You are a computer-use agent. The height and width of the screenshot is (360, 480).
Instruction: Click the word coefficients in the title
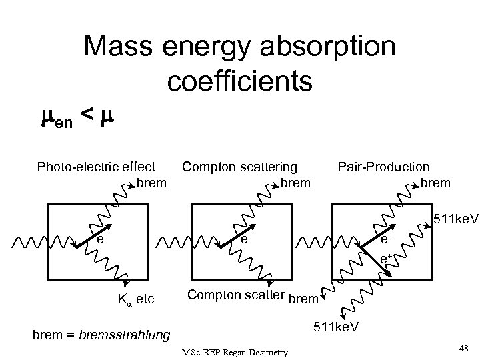coord(240,81)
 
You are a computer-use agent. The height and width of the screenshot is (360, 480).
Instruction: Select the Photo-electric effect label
coord(96,167)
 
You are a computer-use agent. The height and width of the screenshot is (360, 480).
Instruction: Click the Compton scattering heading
coord(240,167)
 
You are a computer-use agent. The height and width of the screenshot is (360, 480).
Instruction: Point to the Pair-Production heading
coord(384,167)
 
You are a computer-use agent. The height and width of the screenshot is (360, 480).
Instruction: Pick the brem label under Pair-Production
coord(435,182)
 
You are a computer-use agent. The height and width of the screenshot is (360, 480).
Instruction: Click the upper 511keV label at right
coord(456,218)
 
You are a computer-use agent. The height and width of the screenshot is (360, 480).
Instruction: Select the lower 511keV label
coord(337,327)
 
